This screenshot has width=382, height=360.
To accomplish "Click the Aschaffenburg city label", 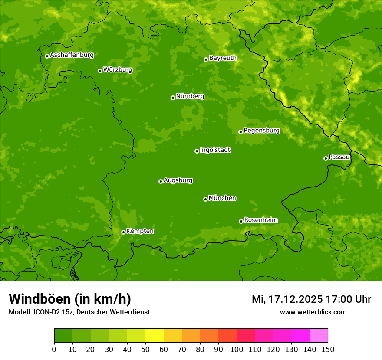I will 72,55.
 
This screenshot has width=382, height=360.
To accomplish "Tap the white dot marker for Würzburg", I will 100,71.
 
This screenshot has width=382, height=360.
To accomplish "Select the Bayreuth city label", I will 223,58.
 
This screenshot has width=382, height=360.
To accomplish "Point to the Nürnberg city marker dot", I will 173,98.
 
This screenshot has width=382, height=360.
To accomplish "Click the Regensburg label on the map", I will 261,131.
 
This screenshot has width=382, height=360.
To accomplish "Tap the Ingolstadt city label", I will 215,150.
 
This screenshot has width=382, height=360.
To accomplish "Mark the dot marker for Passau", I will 326,158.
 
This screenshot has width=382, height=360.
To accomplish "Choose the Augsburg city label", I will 178,180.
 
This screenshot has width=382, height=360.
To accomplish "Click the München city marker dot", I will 205,199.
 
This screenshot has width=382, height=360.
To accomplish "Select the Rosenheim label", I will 260,220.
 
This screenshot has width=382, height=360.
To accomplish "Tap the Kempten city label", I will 140,231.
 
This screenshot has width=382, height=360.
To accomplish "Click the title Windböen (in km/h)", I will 70,299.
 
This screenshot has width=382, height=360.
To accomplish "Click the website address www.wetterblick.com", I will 313,312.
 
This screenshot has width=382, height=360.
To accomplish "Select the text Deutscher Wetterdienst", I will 116,312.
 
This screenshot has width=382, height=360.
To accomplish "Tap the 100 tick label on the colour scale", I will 236,349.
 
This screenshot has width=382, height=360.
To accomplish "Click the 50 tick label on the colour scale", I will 145,349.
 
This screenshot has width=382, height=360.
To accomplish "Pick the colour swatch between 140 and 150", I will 319,336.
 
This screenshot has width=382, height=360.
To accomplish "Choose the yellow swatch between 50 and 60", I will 155,336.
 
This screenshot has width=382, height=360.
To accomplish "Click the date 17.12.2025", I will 295,299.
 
